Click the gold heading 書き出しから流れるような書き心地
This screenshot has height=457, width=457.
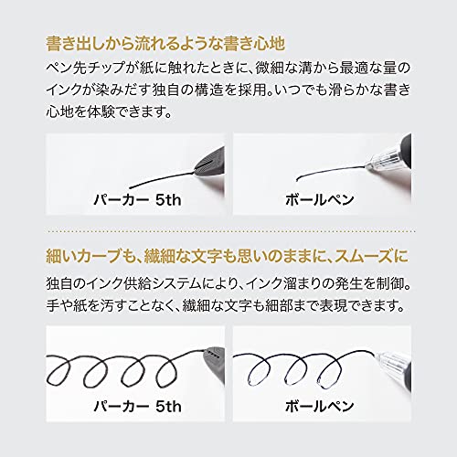click(x=165, y=44)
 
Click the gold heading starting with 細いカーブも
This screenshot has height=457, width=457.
click(x=228, y=256)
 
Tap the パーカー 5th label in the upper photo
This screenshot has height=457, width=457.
click(x=137, y=200)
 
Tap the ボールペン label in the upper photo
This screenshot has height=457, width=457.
click(x=319, y=200)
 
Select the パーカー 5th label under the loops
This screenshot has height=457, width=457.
click(x=137, y=406)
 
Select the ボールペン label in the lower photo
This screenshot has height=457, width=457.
click(x=319, y=406)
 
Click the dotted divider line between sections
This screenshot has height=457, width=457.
click(x=230, y=232)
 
